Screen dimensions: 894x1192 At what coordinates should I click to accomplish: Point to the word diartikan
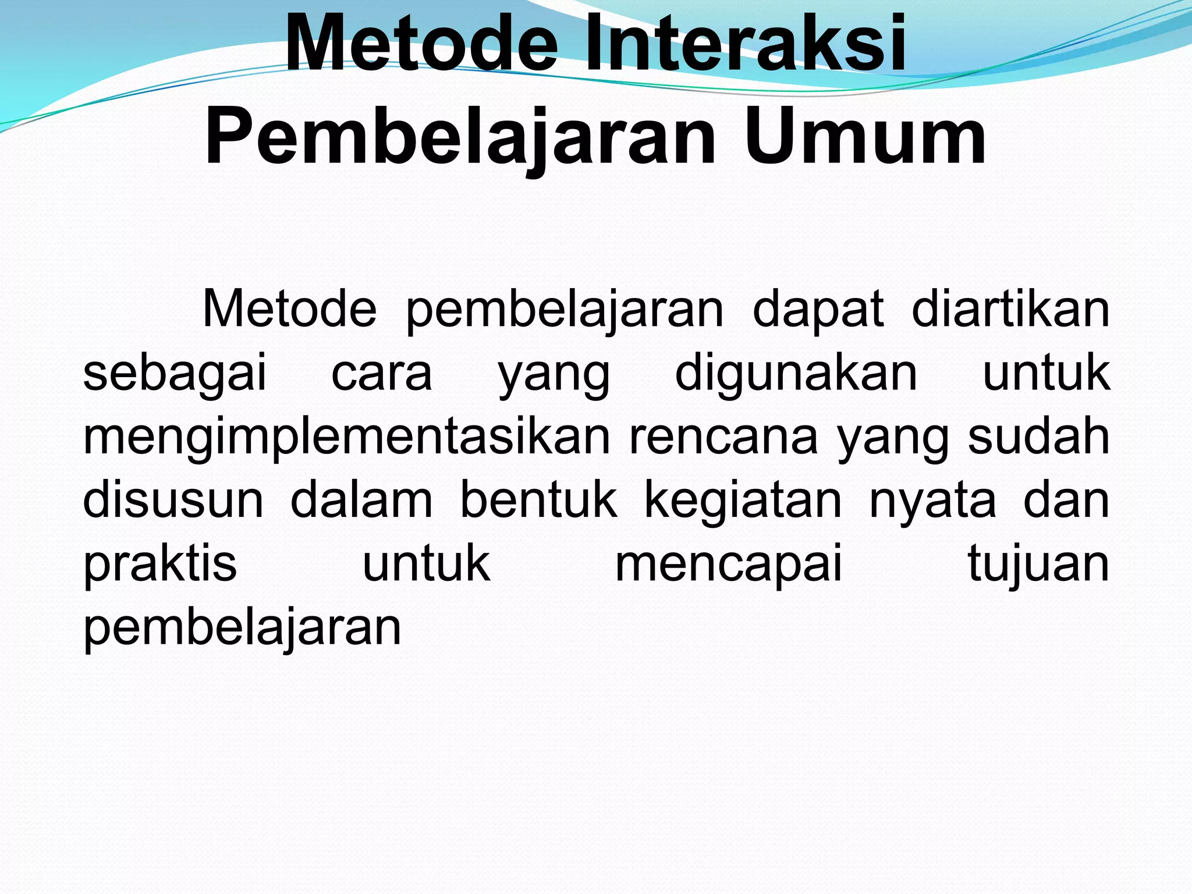(x=1010, y=309)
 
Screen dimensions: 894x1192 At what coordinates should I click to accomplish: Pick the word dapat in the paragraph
(x=818, y=309)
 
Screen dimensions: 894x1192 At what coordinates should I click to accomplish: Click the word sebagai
(x=175, y=373)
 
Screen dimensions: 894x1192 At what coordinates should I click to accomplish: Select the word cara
(x=382, y=373)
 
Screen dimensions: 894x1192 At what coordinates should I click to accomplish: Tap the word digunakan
(x=796, y=373)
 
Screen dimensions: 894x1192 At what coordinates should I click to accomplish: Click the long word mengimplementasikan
(x=347, y=437)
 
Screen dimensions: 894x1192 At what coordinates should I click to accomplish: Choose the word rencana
(x=723, y=437)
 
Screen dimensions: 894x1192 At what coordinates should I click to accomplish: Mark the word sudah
(x=1039, y=437)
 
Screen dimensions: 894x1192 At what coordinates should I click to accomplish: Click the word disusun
(x=173, y=500)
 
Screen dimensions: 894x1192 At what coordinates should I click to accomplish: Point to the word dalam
(x=361, y=500)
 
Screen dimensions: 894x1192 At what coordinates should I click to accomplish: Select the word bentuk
(x=538, y=500)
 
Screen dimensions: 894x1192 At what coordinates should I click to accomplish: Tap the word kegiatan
(x=743, y=500)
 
